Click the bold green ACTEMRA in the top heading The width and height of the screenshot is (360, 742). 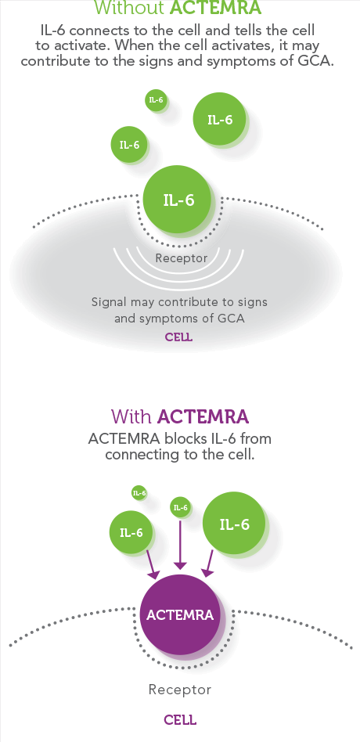pyautogui.click(x=214, y=7)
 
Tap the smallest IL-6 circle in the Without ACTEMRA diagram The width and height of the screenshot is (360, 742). pyautogui.click(x=156, y=100)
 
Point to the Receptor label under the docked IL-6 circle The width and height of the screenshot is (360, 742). pyautogui.click(x=182, y=258)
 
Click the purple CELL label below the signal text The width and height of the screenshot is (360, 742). pyautogui.click(x=178, y=337)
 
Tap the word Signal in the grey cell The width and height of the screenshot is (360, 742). pyautogui.click(x=108, y=302)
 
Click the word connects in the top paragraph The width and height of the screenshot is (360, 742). pyautogui.click(x=103, y=31)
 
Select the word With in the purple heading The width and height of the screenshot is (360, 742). pyautogui.click(x=131, y=417)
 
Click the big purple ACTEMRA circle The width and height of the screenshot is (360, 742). pyautogui.click(x=180, y=614)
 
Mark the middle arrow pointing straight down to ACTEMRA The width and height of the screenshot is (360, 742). pyautogui.click(x=180, y=545)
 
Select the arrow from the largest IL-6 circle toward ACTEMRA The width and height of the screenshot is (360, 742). pyautogui.click(x=210, y=563)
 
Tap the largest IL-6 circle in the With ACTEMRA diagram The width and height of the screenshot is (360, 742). pyautogui.click(x=234, y=524)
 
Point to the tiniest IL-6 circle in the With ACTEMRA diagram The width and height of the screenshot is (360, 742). pyautogui.click(x=139, y=494)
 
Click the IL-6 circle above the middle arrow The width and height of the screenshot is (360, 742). pyautogui.click(x=180, y=508)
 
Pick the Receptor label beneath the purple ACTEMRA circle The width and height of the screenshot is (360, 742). pyautogui.click(x=180, y=690)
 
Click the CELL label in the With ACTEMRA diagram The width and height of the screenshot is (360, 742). pyautogui.click(x=180, y=720)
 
